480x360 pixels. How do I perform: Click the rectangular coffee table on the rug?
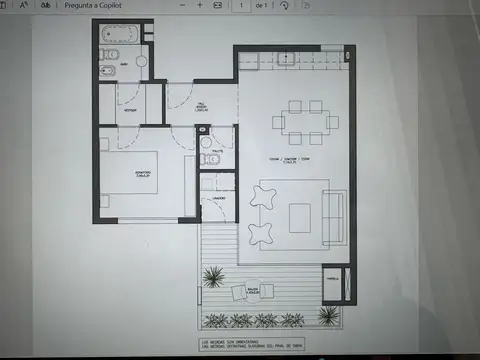(x=301, y=216)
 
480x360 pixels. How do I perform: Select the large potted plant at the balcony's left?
(x=213, y=276)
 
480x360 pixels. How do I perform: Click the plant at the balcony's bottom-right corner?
(x=327, y=315)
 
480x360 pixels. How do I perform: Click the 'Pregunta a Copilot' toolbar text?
(x=95, y=5)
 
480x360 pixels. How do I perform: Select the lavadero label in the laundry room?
(x=219, y=198)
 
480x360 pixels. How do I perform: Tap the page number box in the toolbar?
(x=241, y=5)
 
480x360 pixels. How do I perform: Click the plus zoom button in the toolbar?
(x=200, y=5)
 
